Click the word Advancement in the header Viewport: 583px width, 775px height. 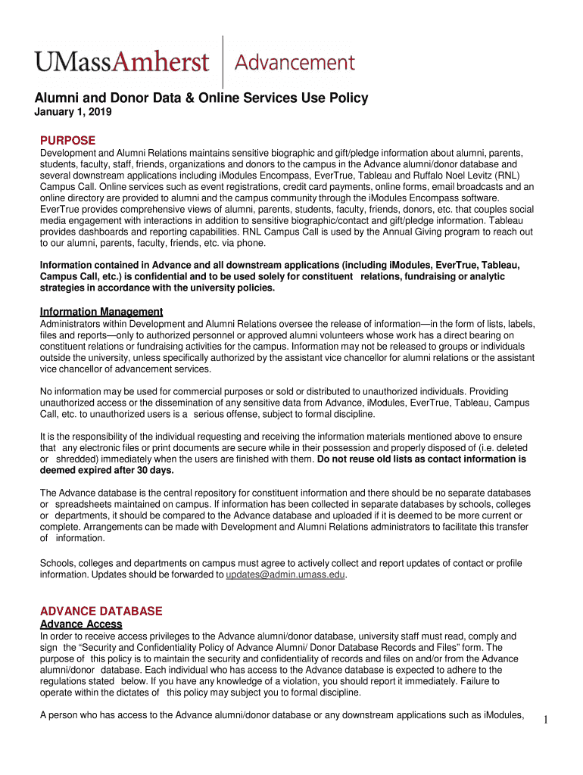[x=295, y=62]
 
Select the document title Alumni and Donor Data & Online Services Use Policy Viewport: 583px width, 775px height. [x=201, y=98]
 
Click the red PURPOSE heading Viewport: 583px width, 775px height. [x=67, y=141]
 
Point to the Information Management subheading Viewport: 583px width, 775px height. [x=101, y=312]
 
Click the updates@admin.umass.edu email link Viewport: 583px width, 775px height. [x=285, y=574]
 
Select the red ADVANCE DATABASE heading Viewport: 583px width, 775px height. [x=101, y=611]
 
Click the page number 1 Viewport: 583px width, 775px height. [x=545, y=720]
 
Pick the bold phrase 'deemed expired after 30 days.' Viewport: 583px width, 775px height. [x=107, y=470]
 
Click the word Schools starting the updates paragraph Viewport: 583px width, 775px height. [x=58, y=563]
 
